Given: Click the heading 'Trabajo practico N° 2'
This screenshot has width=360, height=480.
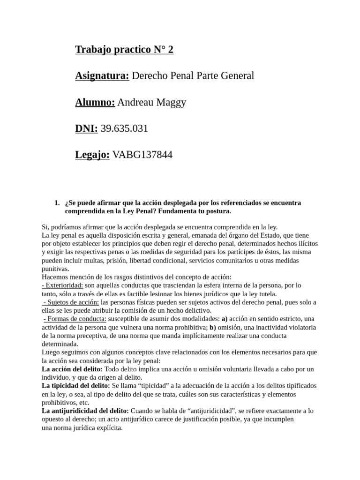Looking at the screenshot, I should click(124, 50).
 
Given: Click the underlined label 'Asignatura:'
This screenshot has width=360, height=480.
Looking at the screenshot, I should click(102, 76).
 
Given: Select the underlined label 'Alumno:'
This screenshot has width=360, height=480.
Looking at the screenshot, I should click(95, 102).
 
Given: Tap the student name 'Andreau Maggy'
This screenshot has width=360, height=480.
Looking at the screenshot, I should click(151, 102).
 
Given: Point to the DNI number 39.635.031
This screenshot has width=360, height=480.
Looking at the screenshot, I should click(124, 128).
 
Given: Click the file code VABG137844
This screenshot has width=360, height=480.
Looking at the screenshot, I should click(142, 155).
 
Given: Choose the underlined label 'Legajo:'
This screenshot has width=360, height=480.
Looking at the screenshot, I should click(92, 155).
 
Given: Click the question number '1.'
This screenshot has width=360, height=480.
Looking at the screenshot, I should click(57, 203).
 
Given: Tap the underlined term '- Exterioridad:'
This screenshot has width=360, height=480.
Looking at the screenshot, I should click(63, 285).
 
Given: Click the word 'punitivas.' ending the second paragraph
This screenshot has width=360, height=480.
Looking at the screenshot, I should click(55, 269).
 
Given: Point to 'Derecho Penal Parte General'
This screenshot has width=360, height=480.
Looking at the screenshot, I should click(193, 76).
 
